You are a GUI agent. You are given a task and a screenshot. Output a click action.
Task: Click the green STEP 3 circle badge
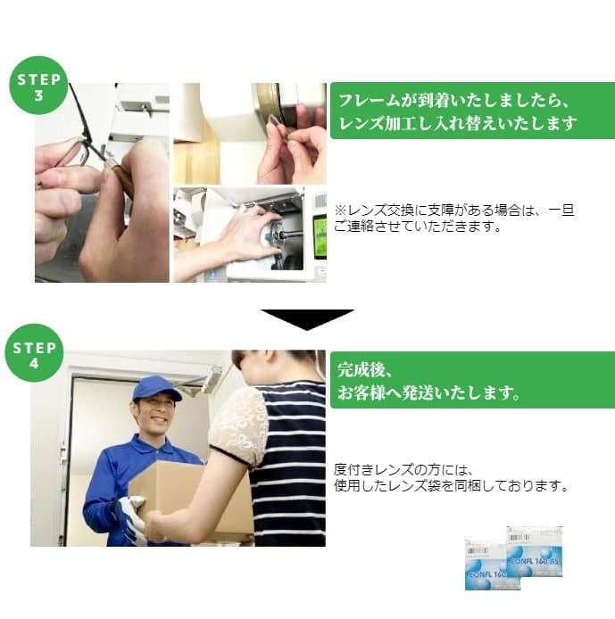pyautogui.click(x=38, y=87)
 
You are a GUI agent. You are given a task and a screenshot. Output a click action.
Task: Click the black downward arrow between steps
pyautogui.click(x=306, y=319)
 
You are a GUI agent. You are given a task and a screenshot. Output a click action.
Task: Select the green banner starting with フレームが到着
pyautogui.click(x=471, y=111)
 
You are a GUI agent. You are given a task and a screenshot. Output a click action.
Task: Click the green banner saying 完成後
pyautogui.click(x=471, y=380)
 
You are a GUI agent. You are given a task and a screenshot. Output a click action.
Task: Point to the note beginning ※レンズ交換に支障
pyautogui.click(x=453, y=219)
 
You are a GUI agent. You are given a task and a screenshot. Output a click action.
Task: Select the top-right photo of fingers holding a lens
pyautogui.click(x=249, y=134)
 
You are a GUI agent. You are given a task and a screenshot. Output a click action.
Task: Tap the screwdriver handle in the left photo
pyautogui.click(x=120, y=177)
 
